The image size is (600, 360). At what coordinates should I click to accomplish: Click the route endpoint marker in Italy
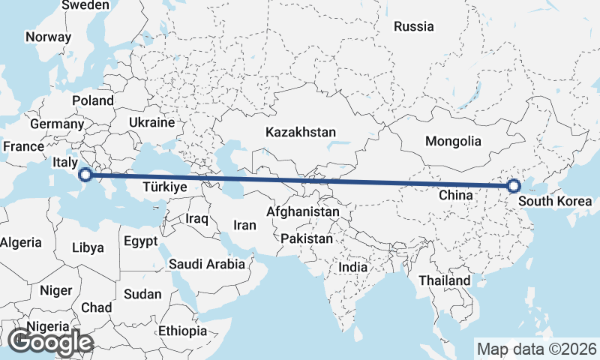coord(85,175)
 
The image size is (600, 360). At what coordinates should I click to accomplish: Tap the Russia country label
coord(414,26)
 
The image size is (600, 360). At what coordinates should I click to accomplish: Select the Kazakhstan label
coord(300,132)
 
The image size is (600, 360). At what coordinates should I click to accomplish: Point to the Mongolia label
coord(453,141)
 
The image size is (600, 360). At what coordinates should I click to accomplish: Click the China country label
coord(455,195)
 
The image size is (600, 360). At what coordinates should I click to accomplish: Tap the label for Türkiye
coord(164,187)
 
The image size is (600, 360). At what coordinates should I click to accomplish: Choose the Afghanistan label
coord(302,212)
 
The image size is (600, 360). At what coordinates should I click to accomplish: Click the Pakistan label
coord(307,239)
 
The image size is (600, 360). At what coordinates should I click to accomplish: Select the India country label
coord(353,266)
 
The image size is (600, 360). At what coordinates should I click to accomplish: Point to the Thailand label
coord(445,280)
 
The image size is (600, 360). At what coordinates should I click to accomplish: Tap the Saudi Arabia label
coord(207,264)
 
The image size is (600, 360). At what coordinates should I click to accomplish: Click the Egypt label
coord(141,241)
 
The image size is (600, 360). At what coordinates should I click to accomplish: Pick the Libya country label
coord(88,247)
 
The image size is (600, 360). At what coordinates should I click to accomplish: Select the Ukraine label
coord(151,122)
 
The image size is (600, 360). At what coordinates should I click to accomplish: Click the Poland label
coord(93,100)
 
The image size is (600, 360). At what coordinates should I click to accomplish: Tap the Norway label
coord(48,37)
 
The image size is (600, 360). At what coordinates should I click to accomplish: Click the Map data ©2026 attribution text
coord(537,349)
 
